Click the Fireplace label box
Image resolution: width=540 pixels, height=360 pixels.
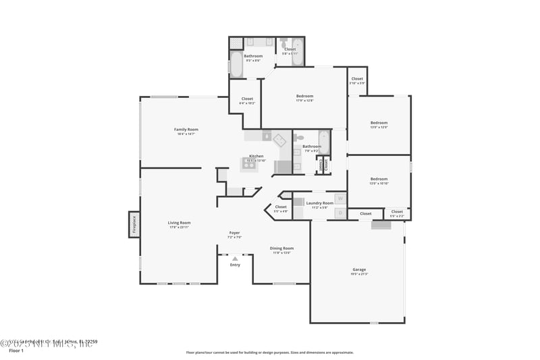[134, 224]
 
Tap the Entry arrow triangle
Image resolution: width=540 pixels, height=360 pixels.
[235, 259]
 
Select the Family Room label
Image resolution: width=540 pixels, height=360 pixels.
[186, 131]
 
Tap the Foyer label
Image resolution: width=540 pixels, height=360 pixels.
[234, 234]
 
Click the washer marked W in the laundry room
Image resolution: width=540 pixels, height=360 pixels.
[340, 199]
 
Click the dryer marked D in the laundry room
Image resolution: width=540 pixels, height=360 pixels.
[340, 213]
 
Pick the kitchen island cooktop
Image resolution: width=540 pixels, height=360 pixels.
[249, 163]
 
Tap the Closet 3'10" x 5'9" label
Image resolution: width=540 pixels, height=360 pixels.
[357, 80]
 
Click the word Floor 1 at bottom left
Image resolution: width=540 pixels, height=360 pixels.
[16, 351]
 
